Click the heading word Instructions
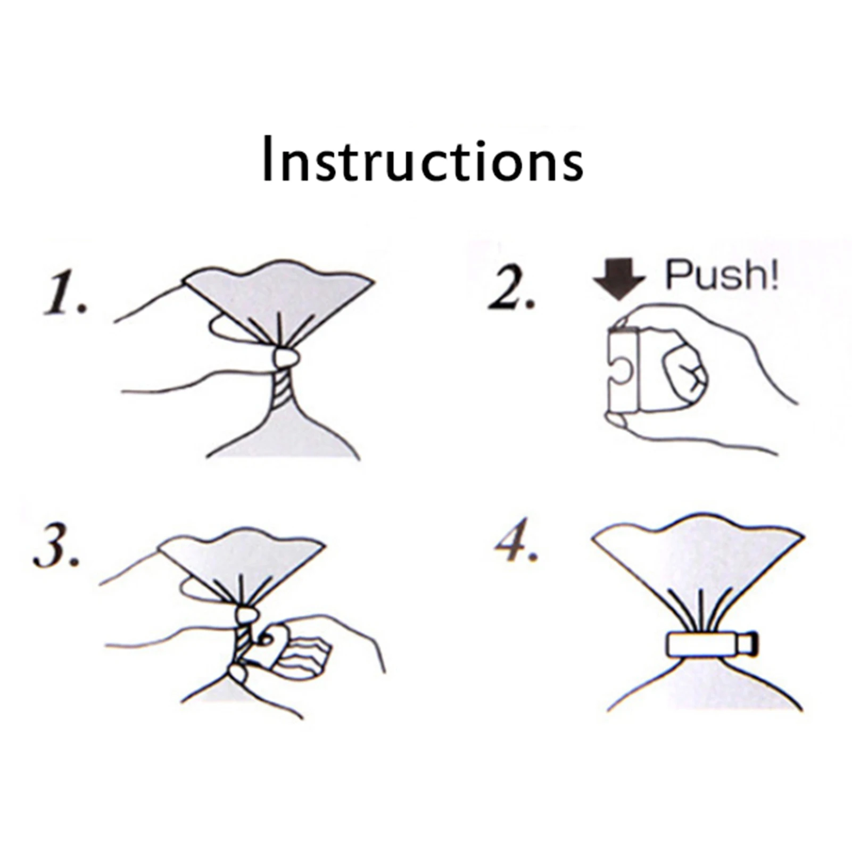tap(423, 159)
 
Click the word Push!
tap(722, 275)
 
